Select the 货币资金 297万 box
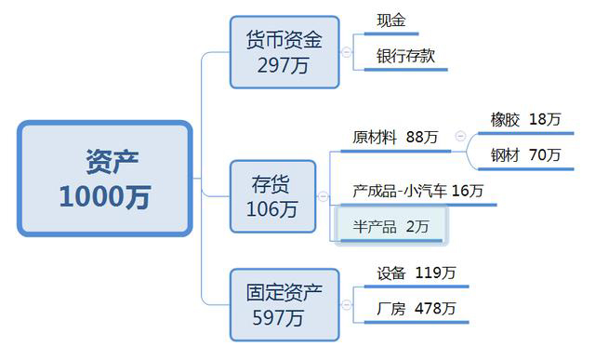tap(284, 52)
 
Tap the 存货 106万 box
tap(271, 196)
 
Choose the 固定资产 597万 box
tap(284, 304)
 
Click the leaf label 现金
tap(391, 20)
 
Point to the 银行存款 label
tap(405, 56)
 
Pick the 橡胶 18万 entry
tap(525, 120)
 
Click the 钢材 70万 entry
tap(525, 154)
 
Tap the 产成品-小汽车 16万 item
tap(418, 192)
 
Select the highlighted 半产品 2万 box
tap(391, 226)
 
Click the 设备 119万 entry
tap(416, 273)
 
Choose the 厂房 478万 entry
tap(416, 308)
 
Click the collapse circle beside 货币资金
tap(347, 52)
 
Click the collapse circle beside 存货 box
tap(323, 196)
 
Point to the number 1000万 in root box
tap(104, 197)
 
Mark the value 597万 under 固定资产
tap(278, 318)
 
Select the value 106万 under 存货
tap(271, 210)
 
